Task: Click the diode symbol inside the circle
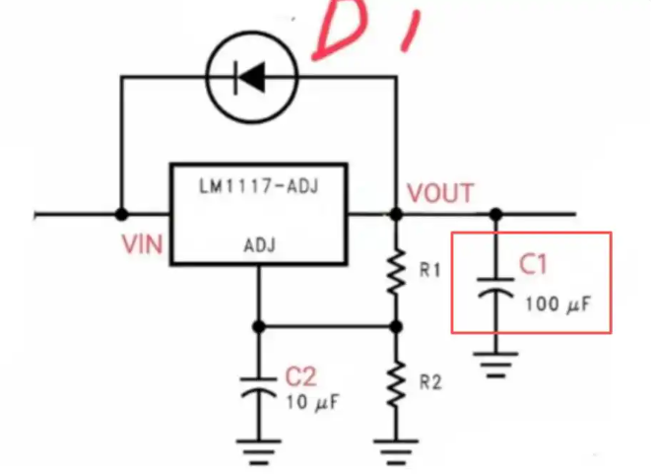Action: (x=250, y=77)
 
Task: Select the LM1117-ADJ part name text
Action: (x=259, y=186)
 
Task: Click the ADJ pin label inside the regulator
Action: (x=259, y=245)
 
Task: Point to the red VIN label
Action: (x=142, y=243)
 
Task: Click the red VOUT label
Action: (x=440, y=193)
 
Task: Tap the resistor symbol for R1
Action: (x=397, y=272)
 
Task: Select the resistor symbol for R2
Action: (x=397, y=384)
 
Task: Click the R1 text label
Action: (x=429, y=270)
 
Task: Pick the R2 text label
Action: (x=430, y=382)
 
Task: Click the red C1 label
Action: (x=533, y=264)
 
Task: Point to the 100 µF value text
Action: (x=557, y=305)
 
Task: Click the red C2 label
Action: (x=300, y=376)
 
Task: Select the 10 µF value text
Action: (x=312, y=402)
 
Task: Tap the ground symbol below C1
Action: (x=495, y=365)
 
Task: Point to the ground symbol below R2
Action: (x=396, y=452)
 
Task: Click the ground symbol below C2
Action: (x=258, y=452)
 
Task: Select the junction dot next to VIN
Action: (x=121, y=215)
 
